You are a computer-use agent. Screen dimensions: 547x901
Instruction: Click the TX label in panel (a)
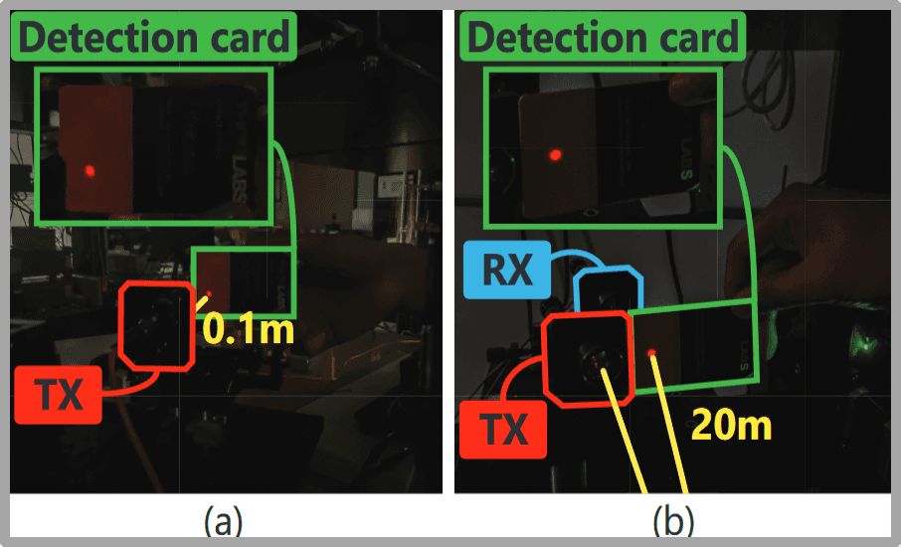[x=59, y=395]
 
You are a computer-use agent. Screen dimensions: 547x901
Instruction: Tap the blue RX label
[x=504, y=272]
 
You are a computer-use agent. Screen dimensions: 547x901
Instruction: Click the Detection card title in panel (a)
[x=152, y=38]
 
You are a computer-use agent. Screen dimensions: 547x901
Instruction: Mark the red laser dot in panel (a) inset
[x=90, y=171]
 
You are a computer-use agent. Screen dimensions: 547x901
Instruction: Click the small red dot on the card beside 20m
[x=651, y=354]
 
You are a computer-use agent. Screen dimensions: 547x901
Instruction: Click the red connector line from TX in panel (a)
[x=134, y=383]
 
